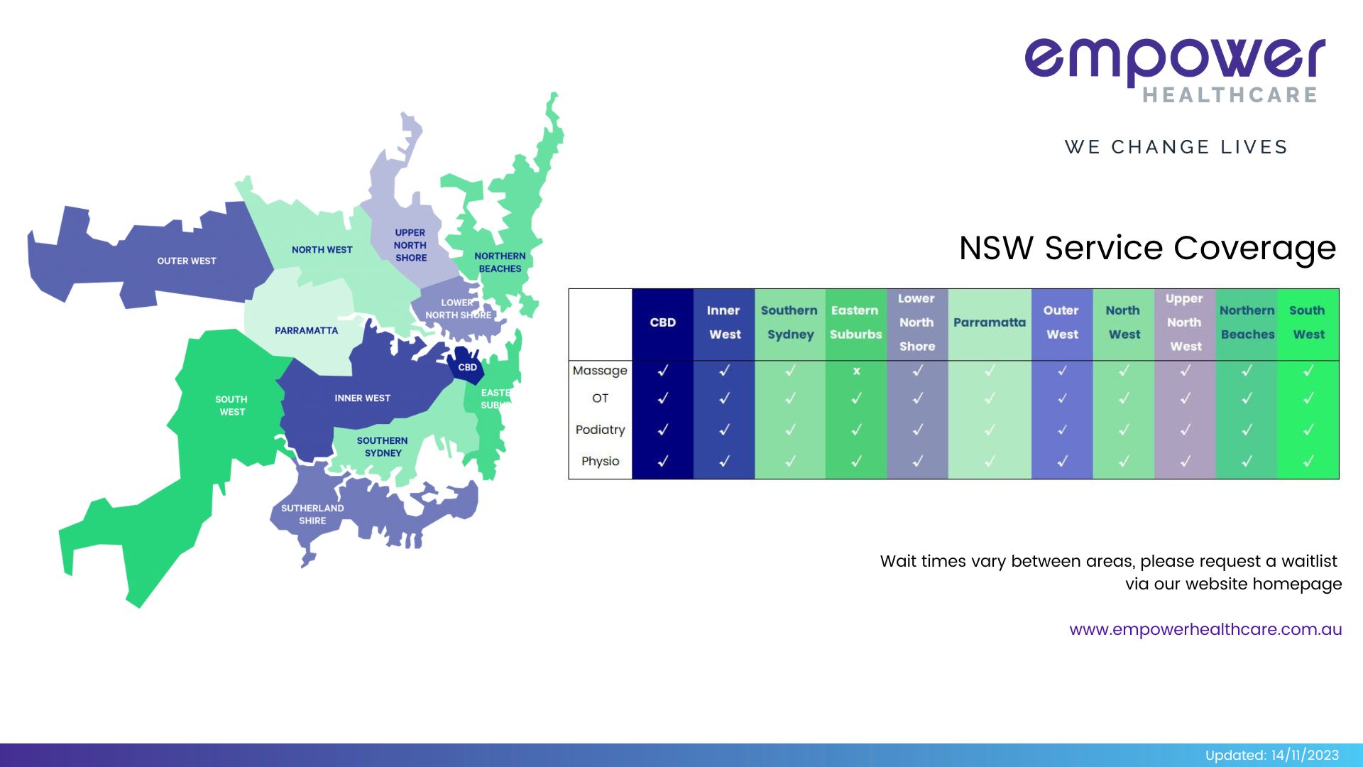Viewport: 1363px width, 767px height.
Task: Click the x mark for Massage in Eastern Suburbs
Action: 856,371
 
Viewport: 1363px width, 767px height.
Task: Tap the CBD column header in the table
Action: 662,322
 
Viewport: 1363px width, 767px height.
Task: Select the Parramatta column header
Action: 989,322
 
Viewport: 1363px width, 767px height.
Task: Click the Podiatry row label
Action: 600,430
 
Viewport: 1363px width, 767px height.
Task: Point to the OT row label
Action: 600,398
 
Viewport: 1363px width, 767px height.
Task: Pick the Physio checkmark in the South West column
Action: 1308,462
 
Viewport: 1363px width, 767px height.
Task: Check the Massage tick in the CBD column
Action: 662,371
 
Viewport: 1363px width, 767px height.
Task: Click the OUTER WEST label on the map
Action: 187,261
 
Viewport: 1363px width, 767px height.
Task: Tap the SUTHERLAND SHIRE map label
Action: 312,514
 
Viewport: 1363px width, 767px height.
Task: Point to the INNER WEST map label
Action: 362,398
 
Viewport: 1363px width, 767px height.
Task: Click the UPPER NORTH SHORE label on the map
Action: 410,245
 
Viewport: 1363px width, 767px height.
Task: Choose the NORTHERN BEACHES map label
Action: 500,262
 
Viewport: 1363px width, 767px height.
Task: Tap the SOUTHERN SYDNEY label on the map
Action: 383,447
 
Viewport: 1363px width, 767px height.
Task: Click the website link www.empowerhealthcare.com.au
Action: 1205,629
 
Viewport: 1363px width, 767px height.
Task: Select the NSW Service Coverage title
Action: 1147,248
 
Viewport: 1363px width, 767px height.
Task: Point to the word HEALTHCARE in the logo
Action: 1230,95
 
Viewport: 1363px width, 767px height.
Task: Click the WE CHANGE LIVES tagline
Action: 1176,147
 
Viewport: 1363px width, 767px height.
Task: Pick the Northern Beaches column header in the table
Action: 1247,322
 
